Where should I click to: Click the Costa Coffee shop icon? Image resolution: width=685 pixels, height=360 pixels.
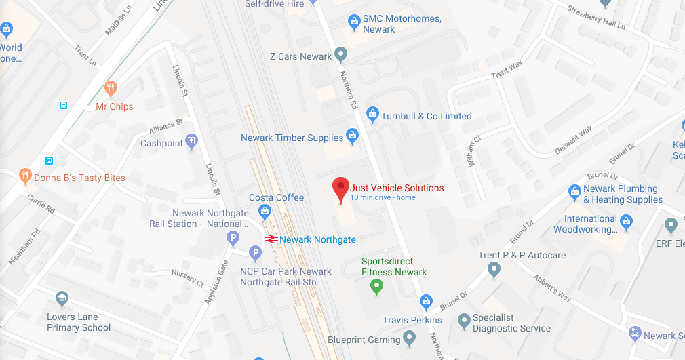(x=265, y=212)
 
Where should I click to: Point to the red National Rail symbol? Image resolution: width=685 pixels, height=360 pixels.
(x=271, y=239)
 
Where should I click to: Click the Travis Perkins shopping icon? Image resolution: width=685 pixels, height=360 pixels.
(x=426, y=301)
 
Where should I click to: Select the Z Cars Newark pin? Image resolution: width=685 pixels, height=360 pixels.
(x=341, y=54)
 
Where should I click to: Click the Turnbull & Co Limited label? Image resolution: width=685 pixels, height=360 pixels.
(x=426, y=116)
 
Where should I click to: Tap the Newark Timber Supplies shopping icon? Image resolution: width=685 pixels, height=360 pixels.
(x=352, y=136)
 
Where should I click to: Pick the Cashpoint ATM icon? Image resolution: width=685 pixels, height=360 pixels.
(x=192, y=140)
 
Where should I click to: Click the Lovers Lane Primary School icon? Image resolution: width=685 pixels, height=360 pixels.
(x=62, y=298)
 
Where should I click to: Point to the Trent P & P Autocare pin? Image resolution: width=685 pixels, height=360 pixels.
(x=494, y=270)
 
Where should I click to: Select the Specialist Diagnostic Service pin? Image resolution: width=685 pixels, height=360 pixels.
(x=464, y=320)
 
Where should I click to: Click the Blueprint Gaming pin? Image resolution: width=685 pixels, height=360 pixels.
(x=409, y=337)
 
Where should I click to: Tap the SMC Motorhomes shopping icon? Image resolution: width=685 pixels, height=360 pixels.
(x=353, y=21)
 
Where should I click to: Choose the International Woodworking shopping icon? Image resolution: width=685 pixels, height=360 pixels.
(x=626, y=221)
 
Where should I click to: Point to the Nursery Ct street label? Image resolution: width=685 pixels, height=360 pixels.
(x=188, y=276)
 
